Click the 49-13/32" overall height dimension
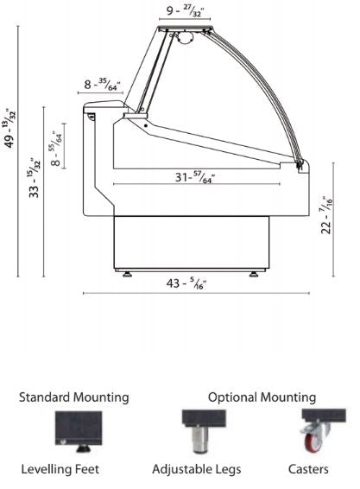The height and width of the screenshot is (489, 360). coord(9,129)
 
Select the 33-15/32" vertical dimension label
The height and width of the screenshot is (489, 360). coord(35,178)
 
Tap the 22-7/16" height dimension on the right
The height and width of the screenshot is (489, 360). coord(327,215)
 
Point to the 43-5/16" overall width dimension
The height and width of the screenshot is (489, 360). coord(186,283)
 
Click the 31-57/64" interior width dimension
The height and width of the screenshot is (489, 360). coord(195,177)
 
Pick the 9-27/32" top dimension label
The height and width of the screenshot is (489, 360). coord(185,11)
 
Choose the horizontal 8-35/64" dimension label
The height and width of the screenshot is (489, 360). coord(102,85)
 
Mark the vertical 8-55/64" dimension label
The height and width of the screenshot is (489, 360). coord(56,149)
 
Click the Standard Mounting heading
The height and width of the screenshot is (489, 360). coord(74,397)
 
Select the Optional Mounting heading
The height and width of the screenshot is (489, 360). coord(262,397)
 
